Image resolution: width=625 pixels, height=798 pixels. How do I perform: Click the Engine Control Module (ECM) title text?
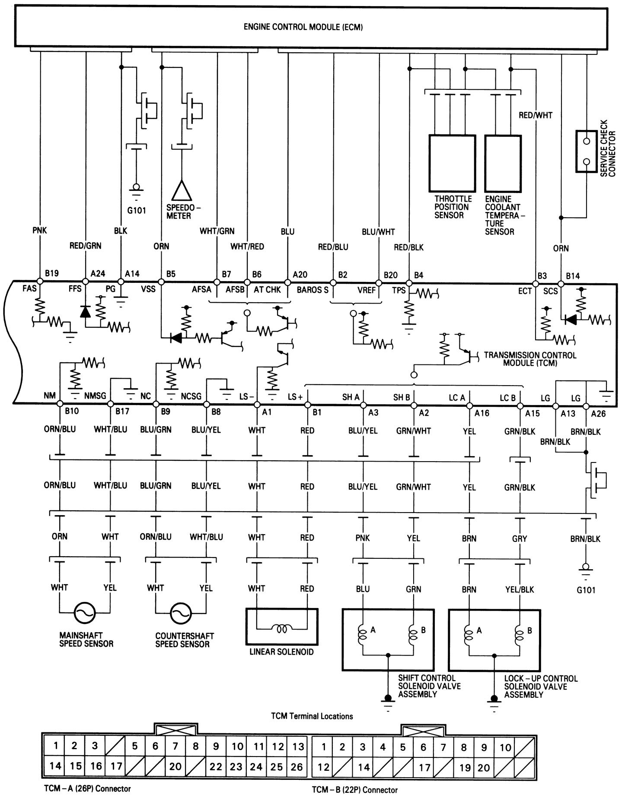click(x=303, y=27)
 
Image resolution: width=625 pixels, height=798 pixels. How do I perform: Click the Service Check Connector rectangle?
click(x=587, y=151)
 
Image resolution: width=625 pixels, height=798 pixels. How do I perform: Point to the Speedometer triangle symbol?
click(x=182, y=190)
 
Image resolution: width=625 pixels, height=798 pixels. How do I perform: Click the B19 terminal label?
click(x=52, y=273)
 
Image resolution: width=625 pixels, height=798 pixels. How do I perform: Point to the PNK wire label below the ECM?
click(x=39, y=231)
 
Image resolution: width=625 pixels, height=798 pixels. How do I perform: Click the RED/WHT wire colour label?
click(x=535, y=115)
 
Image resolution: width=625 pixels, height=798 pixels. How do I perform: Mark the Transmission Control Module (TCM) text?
click(x=530, y=359)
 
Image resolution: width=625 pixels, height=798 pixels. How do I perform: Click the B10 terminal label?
click(x=71, y=412)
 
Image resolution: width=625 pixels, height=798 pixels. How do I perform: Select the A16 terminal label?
click(x=482, y=413)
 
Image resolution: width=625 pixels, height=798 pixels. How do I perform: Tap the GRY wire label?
click(x=520, y=538)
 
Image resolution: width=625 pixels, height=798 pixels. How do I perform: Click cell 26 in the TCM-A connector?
click(x=297, y=767)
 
